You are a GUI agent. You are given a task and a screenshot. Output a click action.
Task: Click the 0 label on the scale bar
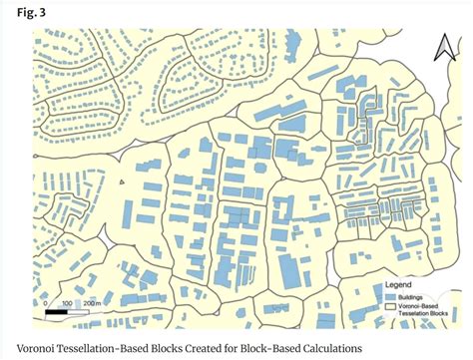(x=45, y=303)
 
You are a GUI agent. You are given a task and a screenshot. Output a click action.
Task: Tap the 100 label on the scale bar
(x=66, y=303)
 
